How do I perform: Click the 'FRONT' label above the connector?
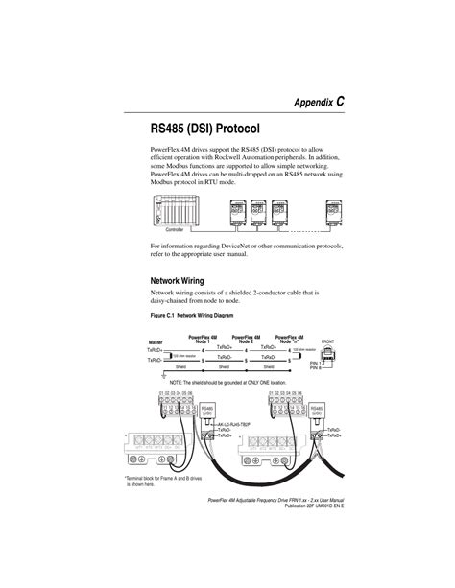coord(327,341)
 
